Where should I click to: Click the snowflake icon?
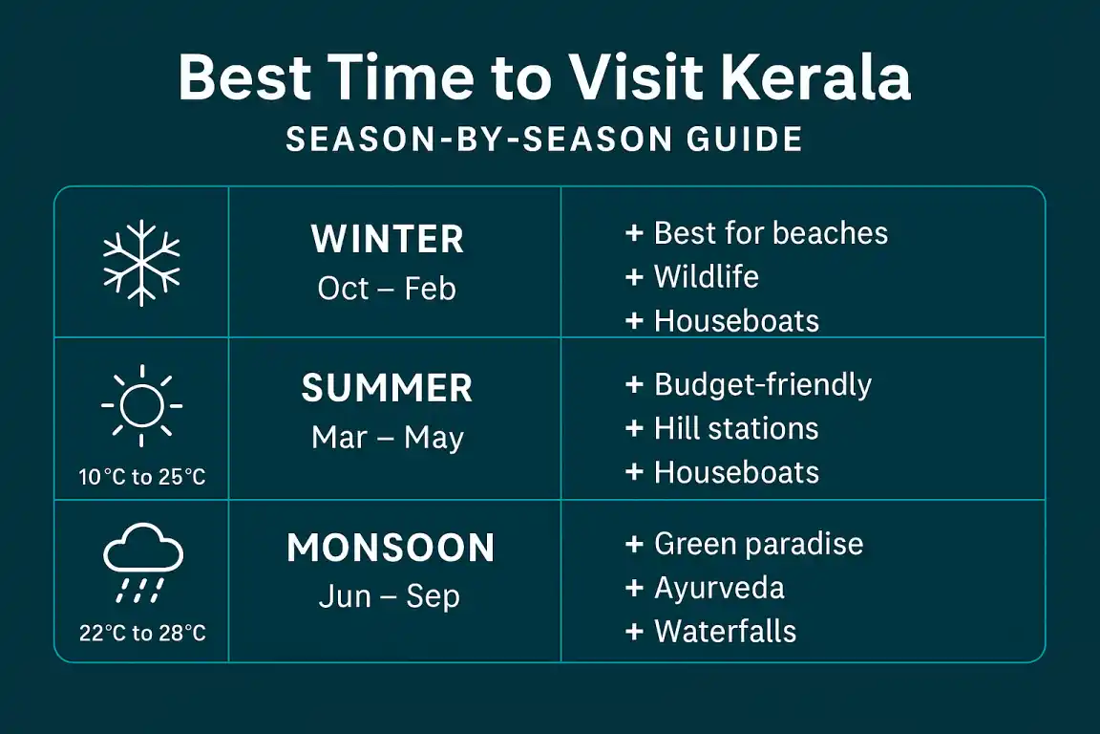pos(141,263)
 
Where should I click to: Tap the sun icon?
pos(141,405)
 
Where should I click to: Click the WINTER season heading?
pos(388,240)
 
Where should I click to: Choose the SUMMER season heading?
pos(388,388)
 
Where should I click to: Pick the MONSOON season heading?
pos(391,548)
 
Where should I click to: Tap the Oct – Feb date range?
pos(387,289)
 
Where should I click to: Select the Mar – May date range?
pos(388,438)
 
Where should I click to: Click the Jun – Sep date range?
pos(390,597)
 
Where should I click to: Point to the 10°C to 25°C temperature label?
pos(142,478)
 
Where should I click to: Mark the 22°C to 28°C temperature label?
pos(142,634)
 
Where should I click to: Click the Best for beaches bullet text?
pos(771,233)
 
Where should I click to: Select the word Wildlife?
pos(707,277)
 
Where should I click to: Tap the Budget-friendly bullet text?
pos(763,385)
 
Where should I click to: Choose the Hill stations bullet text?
pos(736,428)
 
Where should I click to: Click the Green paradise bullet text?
pos(759,545)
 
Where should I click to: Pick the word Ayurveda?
pos(719,589)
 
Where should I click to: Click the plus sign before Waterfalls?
pos(634,632)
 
